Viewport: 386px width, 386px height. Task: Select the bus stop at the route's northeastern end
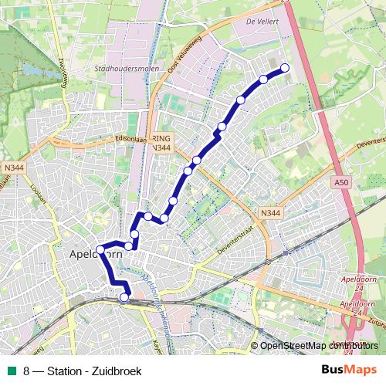point(285,68)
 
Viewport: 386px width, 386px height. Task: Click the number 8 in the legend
point(27,371)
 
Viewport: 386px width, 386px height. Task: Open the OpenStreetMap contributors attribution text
point(318,345)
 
